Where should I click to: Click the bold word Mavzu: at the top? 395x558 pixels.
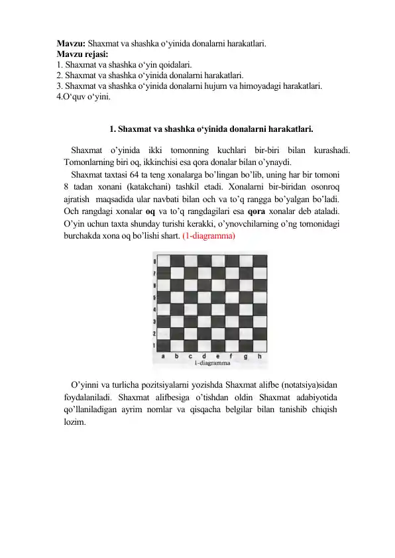coord(71,44)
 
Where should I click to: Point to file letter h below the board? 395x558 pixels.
coord(260,356)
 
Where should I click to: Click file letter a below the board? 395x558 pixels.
coord(164,356)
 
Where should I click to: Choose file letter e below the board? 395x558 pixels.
coord(219,356)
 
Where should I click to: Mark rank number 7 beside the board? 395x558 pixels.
coord(154,274)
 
